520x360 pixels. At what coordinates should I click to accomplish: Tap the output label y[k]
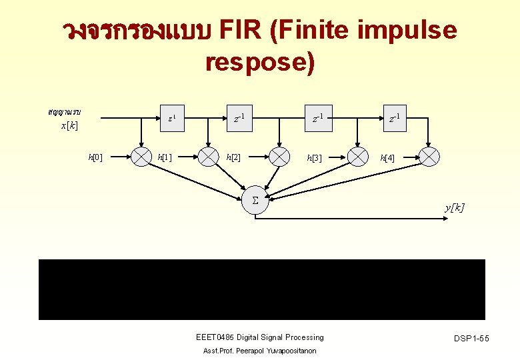[x=455, y=208]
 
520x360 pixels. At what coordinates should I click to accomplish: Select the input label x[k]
[x=69, y=125]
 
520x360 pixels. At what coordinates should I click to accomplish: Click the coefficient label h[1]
[x=164, y=157]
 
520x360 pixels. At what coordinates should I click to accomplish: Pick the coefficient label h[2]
[x=233, y=157]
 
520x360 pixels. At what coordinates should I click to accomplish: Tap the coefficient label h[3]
[x=314, y=158]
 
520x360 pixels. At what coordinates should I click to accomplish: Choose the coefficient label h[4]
[x=387, y=158]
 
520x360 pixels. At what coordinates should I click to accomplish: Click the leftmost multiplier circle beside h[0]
[x=141, y=156]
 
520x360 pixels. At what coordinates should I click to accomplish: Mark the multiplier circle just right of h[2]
[x=279, y=156]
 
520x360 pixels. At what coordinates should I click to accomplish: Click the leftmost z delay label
[x=172, y=119]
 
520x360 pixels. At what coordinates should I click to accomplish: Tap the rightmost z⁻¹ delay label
[x=395, y=119]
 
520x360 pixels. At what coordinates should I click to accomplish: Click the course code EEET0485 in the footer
[x=214, y=337]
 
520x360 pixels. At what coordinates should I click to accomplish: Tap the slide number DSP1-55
[x=471, y=339]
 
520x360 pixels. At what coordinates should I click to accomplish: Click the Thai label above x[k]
[x=64, y=111]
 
